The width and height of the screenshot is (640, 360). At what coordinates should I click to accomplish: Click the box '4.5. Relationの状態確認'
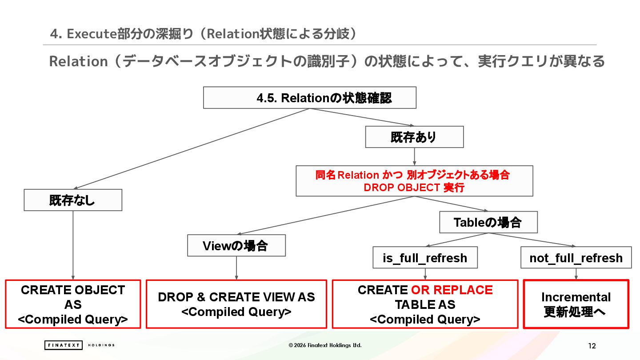309,98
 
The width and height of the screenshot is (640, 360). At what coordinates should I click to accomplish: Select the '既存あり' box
414,137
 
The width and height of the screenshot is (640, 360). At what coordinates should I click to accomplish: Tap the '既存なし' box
72,200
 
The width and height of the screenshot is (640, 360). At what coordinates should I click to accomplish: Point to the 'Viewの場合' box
236,246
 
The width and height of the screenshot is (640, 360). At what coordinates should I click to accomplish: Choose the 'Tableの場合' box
488,222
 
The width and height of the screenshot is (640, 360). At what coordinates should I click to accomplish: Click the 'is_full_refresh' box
425,258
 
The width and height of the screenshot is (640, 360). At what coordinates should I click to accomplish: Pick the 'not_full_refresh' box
576,258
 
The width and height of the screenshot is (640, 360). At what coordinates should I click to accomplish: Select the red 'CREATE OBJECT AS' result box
73,304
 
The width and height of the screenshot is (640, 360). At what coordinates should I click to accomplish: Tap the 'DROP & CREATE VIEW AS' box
236,304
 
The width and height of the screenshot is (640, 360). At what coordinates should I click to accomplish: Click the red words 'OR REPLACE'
452,290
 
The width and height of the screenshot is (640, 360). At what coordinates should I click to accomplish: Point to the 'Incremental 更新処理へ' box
576,304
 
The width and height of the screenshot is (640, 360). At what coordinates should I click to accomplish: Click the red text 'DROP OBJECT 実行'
414,188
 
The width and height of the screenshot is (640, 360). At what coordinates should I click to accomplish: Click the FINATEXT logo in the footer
64,345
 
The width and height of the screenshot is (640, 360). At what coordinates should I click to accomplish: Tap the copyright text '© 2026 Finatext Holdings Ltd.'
325,345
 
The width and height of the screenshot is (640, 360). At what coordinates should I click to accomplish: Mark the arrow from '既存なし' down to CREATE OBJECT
73,244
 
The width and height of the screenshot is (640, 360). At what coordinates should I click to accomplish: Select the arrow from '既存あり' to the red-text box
414,156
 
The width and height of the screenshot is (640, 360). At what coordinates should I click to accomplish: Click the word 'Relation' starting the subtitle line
78,61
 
